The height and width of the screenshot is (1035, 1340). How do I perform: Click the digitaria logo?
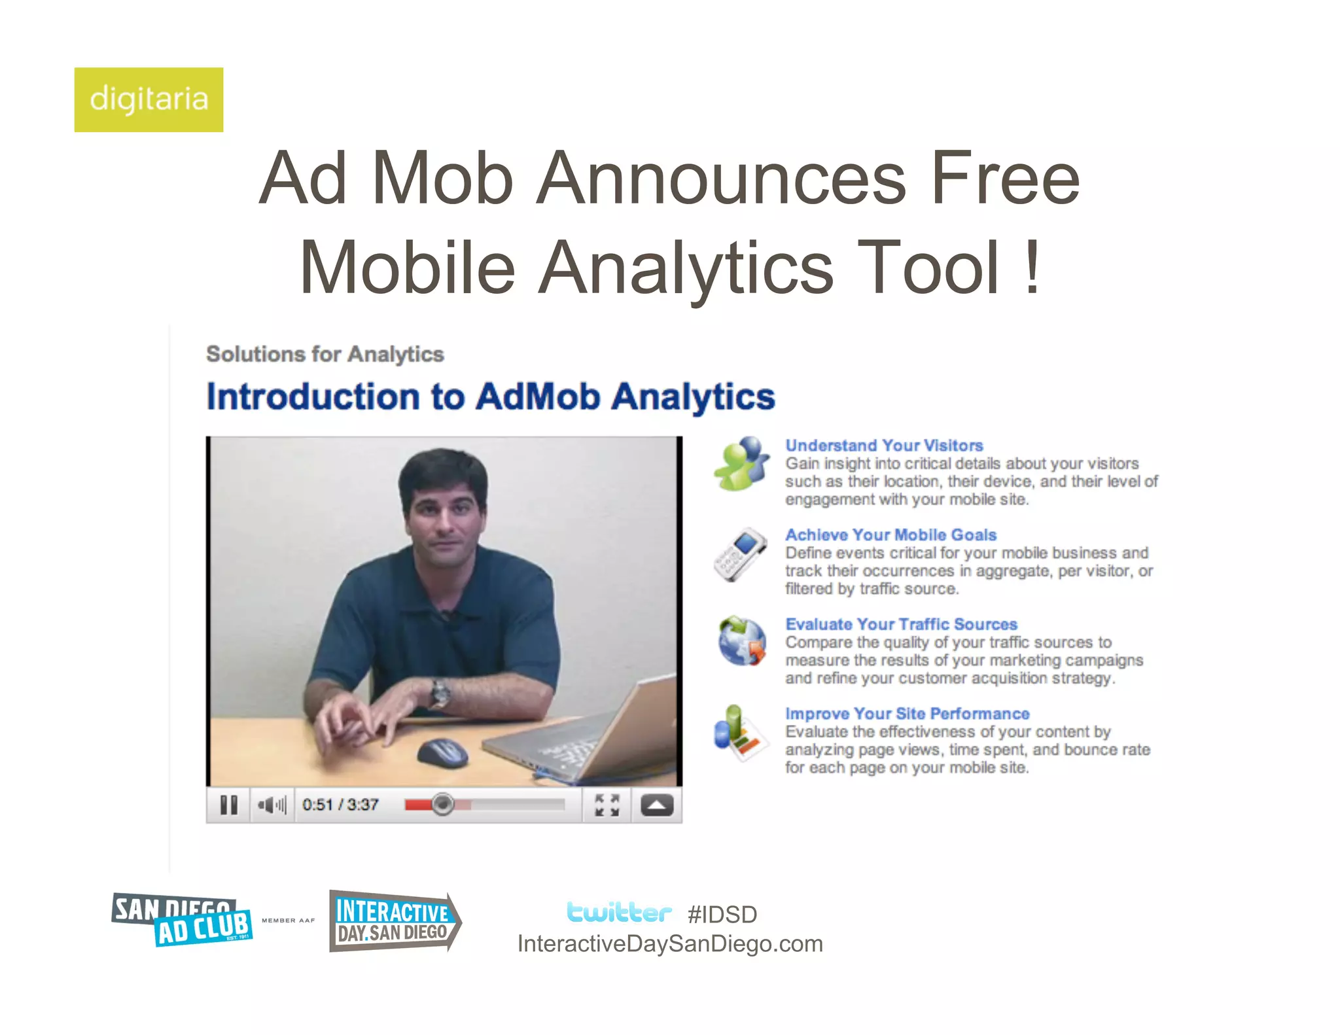click(149, 99)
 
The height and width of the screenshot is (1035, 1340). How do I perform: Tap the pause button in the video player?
click(228, 805)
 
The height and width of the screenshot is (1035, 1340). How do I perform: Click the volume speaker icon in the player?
click(272, 805)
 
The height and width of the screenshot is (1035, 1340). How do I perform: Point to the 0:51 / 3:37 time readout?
click(340, 805)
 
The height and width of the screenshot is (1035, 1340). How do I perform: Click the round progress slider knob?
click(443, 804)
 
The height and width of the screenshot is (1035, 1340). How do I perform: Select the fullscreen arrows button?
click(607, 805)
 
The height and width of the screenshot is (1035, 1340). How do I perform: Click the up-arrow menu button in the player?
click(657, 805)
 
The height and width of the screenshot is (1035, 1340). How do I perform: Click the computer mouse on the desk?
click(442, 753)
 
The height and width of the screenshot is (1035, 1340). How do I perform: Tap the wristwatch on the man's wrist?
click(440, 692)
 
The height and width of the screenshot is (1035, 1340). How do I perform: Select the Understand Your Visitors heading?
click(884, 446)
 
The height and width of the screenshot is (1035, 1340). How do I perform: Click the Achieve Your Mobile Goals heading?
click(890, 535)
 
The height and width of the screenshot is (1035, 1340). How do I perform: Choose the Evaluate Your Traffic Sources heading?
click(901, 624)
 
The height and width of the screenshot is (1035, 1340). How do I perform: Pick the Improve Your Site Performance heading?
click(907, 714)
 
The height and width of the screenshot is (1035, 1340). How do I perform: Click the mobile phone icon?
click(740, 555)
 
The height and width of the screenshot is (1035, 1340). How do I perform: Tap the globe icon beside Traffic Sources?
click(741, 641)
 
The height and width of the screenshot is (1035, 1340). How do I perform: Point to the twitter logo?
click(619, 912)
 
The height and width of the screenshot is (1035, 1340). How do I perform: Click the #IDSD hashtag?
click(722, 915)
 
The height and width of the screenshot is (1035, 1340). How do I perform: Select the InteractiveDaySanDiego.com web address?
click(670, 944)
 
